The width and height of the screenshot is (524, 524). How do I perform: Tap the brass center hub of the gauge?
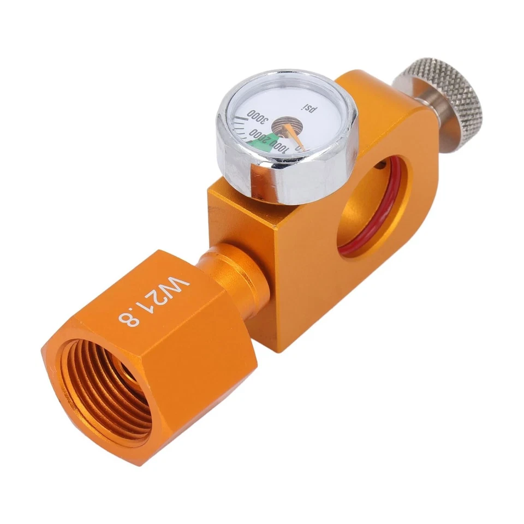pos(284,127)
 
